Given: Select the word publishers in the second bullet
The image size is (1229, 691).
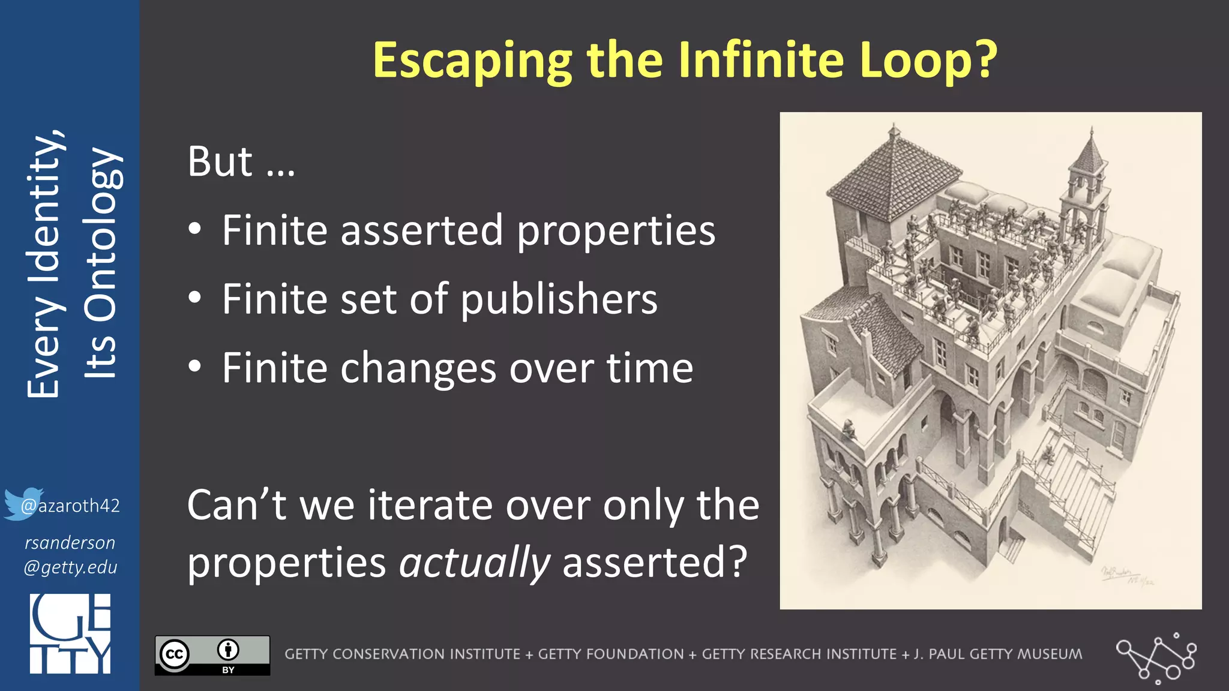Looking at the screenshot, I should pos(559,299).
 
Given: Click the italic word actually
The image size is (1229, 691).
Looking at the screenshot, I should pos(475,562).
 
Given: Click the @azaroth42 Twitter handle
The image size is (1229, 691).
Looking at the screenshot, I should pos(71,506).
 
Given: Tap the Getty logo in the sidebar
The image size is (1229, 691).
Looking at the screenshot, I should pos(70,633).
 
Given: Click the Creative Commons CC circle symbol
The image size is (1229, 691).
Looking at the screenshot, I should pos(175,654).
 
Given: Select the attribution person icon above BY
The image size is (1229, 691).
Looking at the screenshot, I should pos(228,649).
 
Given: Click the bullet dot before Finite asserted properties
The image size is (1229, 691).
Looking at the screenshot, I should pos(194,230).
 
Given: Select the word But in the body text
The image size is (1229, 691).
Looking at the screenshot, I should pos(220,161).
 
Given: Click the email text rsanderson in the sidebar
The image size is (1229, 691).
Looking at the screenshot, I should pos(70,543).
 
